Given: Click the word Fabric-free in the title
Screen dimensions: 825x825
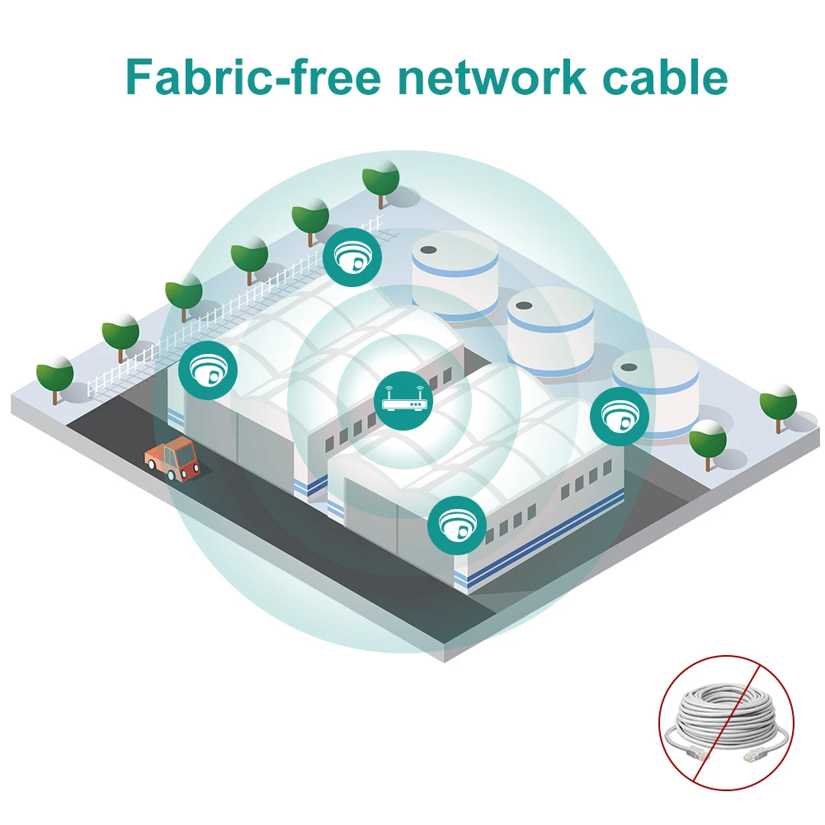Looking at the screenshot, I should (253, 78).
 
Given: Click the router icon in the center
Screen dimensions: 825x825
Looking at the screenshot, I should (404, 402).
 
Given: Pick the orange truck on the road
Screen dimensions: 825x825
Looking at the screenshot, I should (172, 459).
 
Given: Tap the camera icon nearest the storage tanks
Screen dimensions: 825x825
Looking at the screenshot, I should (352, 257).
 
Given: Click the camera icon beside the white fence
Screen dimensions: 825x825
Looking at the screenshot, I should (208, 369).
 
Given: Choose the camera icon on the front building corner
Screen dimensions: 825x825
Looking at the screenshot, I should (456, 525).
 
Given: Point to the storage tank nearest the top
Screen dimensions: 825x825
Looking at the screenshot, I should (455, 272).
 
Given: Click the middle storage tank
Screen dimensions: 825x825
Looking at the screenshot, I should (550, 330).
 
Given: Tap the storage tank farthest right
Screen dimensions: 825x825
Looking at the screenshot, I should (656, 388).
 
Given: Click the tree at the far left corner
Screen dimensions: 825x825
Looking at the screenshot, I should (55, 375).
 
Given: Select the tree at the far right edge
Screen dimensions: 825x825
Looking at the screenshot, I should (778, 404).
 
